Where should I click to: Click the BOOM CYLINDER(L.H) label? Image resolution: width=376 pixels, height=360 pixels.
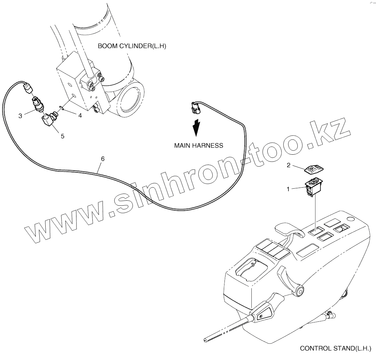pyautogui.click(x=132, y=46)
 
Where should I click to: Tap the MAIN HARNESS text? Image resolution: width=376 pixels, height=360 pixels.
pyautogui.click(x=199, y=145)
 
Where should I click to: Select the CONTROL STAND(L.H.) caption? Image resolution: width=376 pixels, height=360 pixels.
pyautogui.click(x=335, y=348)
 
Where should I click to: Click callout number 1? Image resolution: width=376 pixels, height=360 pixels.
pyautogui.click(x=288, y=189)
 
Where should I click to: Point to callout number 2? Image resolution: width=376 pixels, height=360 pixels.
pyautogui.click(x=289, y=165)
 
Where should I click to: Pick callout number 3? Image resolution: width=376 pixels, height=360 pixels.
pyautogui.click(x=20, y=116)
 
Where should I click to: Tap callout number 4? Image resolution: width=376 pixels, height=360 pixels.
pyautogui.click(x=80, y=115)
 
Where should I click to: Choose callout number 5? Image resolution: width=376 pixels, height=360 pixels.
pyautogui.click(x=62, y=136)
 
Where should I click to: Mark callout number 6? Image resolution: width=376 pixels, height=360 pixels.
pyautogui.click(x=103, y=159)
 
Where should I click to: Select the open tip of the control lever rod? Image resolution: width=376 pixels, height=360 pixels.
pyautogui.click(x=205, y=340)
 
